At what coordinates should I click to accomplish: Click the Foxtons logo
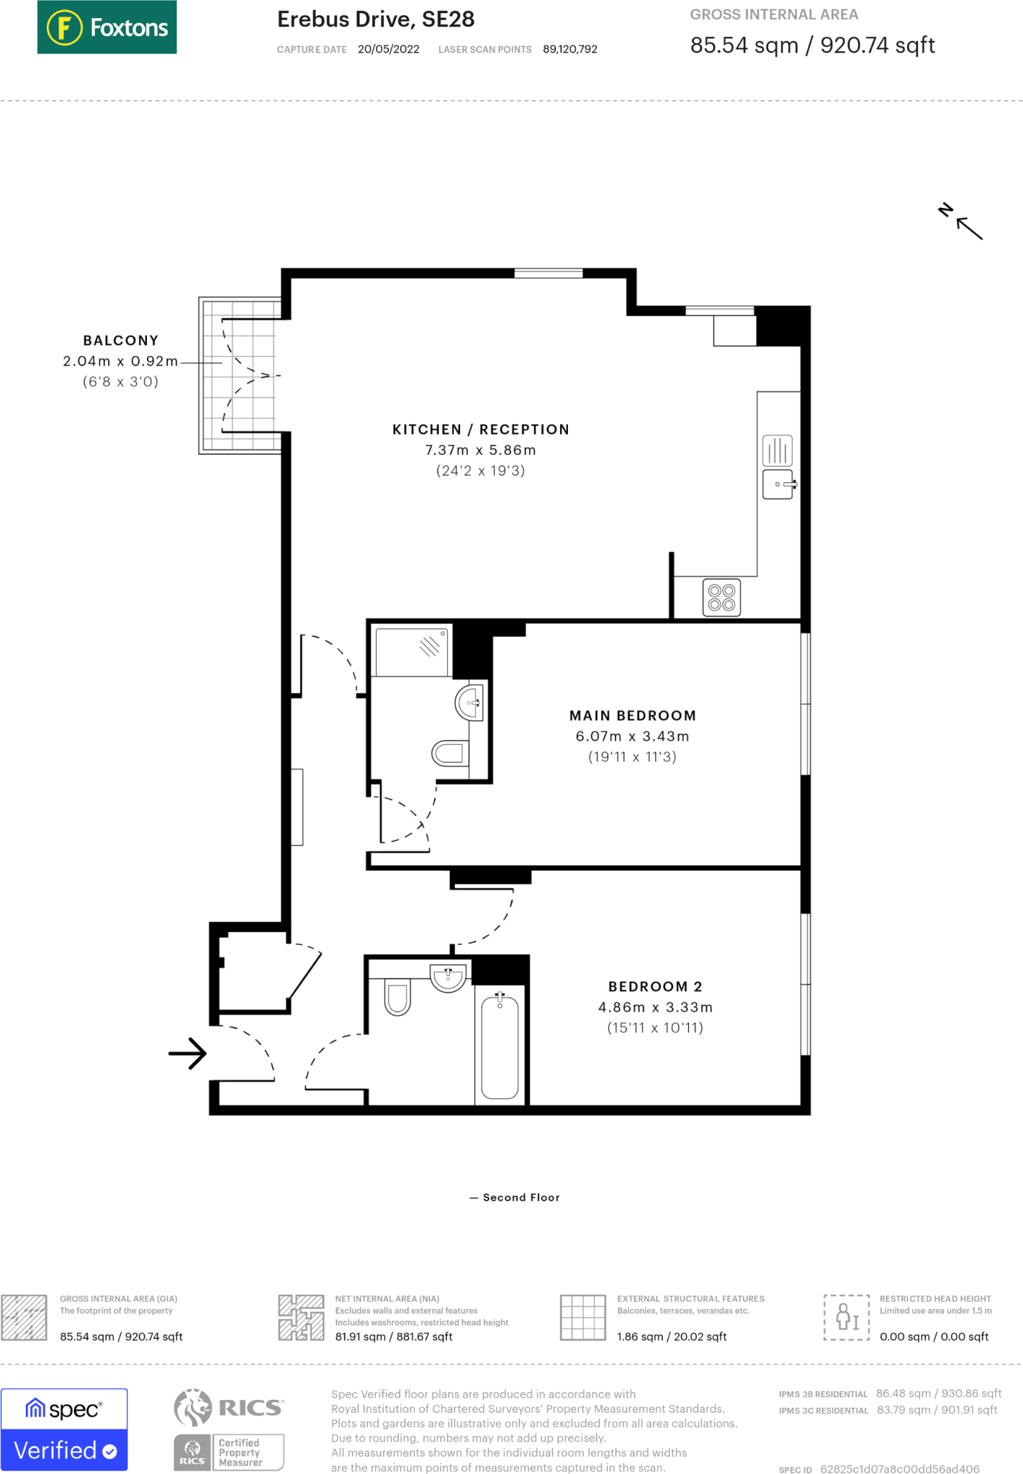point(107,27)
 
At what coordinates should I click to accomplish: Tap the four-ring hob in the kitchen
point(721,598)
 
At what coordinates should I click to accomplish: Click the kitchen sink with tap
point(778,484)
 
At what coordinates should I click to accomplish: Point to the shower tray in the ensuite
point(412,652)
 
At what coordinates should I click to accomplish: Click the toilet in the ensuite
point(449,754)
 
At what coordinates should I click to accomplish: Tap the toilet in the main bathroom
point(397,997)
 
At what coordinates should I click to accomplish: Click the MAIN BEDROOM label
point(632,715)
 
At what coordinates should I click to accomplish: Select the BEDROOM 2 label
point(654,987)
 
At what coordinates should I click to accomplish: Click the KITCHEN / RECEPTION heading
point(480,430)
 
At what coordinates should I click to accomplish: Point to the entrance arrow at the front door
point(188,1054)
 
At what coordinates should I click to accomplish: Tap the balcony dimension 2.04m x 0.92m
point(120,361)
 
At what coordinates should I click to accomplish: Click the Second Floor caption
point(520,1198)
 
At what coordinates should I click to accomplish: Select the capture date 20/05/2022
point(388,49)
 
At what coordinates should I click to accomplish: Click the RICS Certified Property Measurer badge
point(230,1452)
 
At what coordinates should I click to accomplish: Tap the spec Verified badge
point(64,1430)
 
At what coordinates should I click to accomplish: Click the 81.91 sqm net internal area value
point(393,1337)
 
